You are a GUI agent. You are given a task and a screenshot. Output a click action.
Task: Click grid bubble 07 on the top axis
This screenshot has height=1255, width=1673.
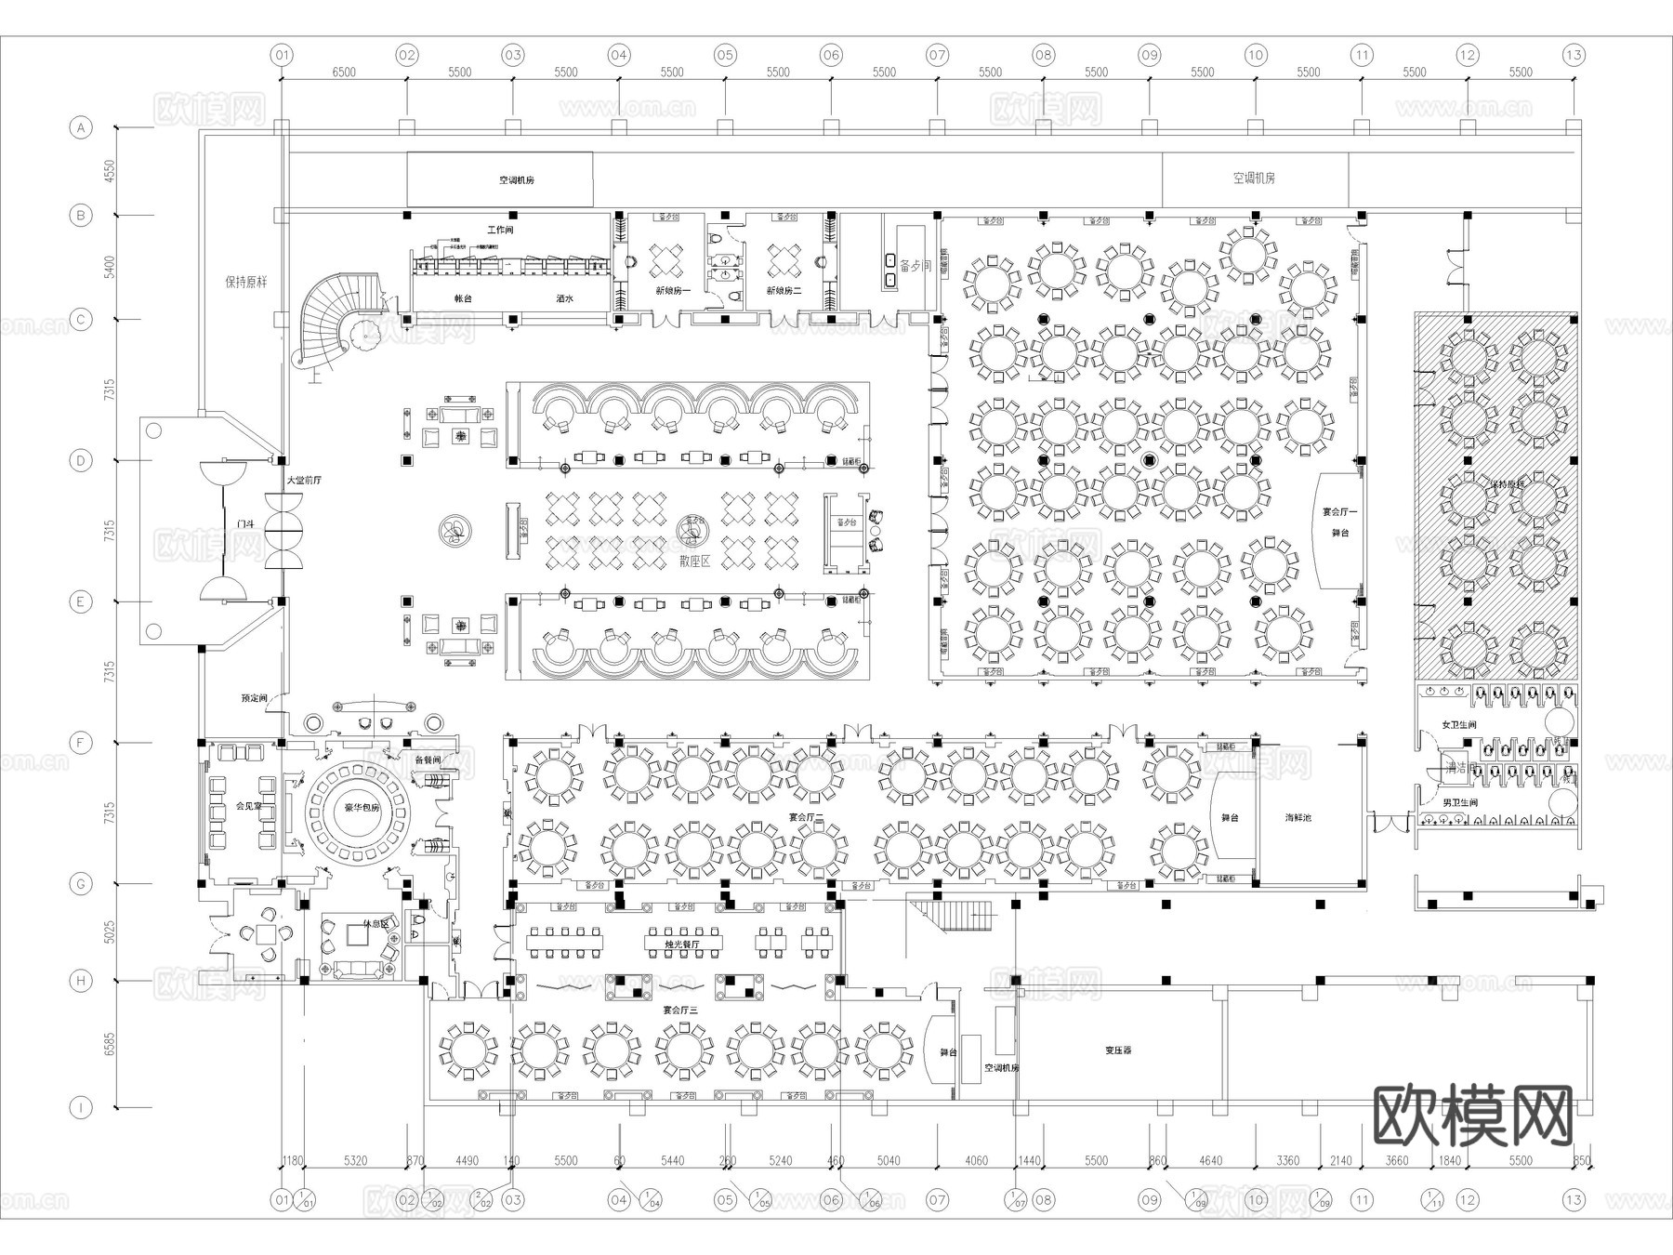click(937, 55)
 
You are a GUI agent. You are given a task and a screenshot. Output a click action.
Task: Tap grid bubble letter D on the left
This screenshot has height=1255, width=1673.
click(82, 461)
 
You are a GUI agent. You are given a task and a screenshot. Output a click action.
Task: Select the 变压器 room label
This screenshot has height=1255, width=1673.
click(1118, 1050)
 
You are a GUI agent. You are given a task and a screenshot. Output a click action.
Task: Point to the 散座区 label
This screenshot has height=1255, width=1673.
click(693, 561)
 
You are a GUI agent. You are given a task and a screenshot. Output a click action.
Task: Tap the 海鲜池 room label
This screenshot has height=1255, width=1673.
click(1298, 818)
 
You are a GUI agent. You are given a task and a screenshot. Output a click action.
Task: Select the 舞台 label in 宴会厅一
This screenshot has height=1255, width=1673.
click(1340, 534)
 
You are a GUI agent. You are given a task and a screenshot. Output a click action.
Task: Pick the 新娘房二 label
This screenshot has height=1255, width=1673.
click(783, 290)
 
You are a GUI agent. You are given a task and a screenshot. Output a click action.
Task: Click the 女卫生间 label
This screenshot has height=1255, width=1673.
click(1458, 724)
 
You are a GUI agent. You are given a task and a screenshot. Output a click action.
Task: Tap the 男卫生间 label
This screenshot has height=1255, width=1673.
click(1459, 802)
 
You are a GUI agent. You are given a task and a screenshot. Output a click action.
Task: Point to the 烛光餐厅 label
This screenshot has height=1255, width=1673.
click(681, 944)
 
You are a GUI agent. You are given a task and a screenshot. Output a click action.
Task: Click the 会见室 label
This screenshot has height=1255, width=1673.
click(247, 806)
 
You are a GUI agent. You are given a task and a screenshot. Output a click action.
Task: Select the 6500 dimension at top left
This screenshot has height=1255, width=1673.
click(343, 72)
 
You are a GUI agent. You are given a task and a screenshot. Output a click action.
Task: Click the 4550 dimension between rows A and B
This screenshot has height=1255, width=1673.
click(110, 171)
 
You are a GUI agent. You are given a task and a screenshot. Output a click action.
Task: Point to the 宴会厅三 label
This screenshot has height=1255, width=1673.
click(679, 1009)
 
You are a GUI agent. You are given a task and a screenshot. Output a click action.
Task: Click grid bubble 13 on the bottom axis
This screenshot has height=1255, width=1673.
click(1573, 1200)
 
